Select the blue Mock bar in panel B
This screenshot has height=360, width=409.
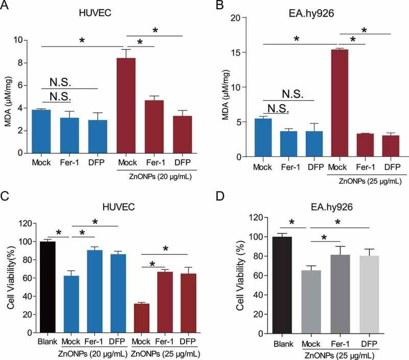click(x=262, y=137)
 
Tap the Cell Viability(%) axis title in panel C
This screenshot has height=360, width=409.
click(x=9, y=278)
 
